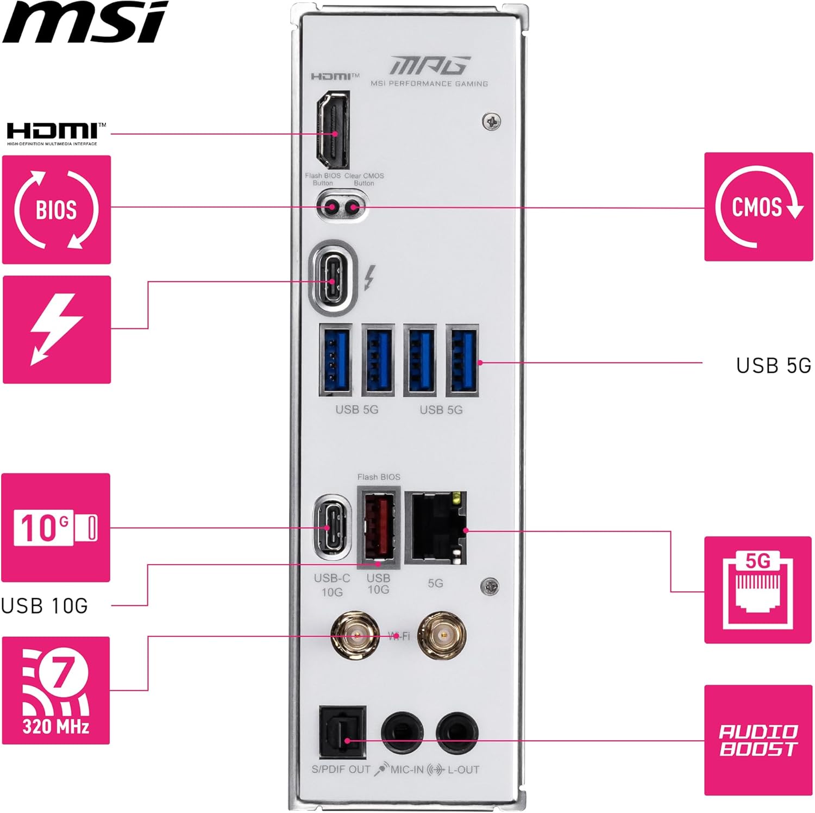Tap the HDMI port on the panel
(333, 130)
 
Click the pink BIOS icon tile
(57, 210)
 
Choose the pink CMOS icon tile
(758, 207)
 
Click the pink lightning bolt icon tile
(57, 329)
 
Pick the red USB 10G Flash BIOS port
(379, 527)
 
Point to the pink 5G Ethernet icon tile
(758, 590)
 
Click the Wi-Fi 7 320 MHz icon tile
(56, 690)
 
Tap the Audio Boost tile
(758, 740)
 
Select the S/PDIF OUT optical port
(342, 732)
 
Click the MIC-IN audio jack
(402, 732)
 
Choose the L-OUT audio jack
(457, 732)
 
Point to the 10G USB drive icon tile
(56, 528)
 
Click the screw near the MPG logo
(492, 121)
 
